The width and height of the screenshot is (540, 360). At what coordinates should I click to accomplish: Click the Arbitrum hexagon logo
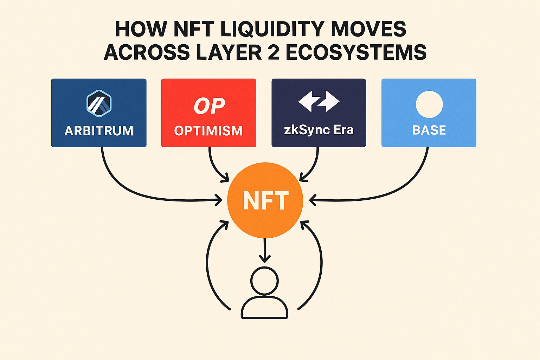[99, 103]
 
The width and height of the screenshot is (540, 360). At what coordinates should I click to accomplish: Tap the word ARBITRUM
[99, 131]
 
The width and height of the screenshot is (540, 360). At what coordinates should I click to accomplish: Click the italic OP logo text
[209, 105]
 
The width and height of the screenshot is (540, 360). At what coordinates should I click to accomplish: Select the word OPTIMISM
[208, 131]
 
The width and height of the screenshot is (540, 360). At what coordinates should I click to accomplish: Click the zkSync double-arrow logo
[319, 101]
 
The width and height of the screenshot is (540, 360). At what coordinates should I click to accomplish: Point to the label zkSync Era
[319, 130]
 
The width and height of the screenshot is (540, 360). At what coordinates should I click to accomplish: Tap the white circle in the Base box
[429, 104]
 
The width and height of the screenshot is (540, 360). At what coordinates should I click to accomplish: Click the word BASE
[429, 130]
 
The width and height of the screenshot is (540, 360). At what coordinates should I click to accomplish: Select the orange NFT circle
[265, 200]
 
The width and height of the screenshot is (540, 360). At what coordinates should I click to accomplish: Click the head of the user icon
[264, 281]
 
